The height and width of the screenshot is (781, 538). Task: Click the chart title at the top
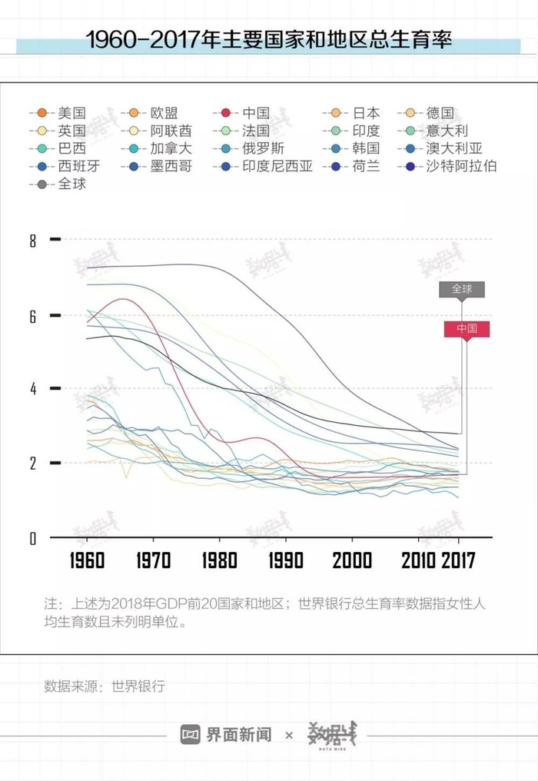[268, 40]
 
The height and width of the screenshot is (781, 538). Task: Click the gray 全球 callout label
[462, 289]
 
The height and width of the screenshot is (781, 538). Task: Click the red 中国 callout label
[467, 328]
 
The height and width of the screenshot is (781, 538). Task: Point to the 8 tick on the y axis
[32, 241]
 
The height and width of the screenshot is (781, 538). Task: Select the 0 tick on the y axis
[32, 538]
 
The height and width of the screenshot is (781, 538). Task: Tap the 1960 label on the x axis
[86, 560]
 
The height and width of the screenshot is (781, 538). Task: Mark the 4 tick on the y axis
[32, 389]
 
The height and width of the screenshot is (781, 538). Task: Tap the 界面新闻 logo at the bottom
[227, 735]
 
